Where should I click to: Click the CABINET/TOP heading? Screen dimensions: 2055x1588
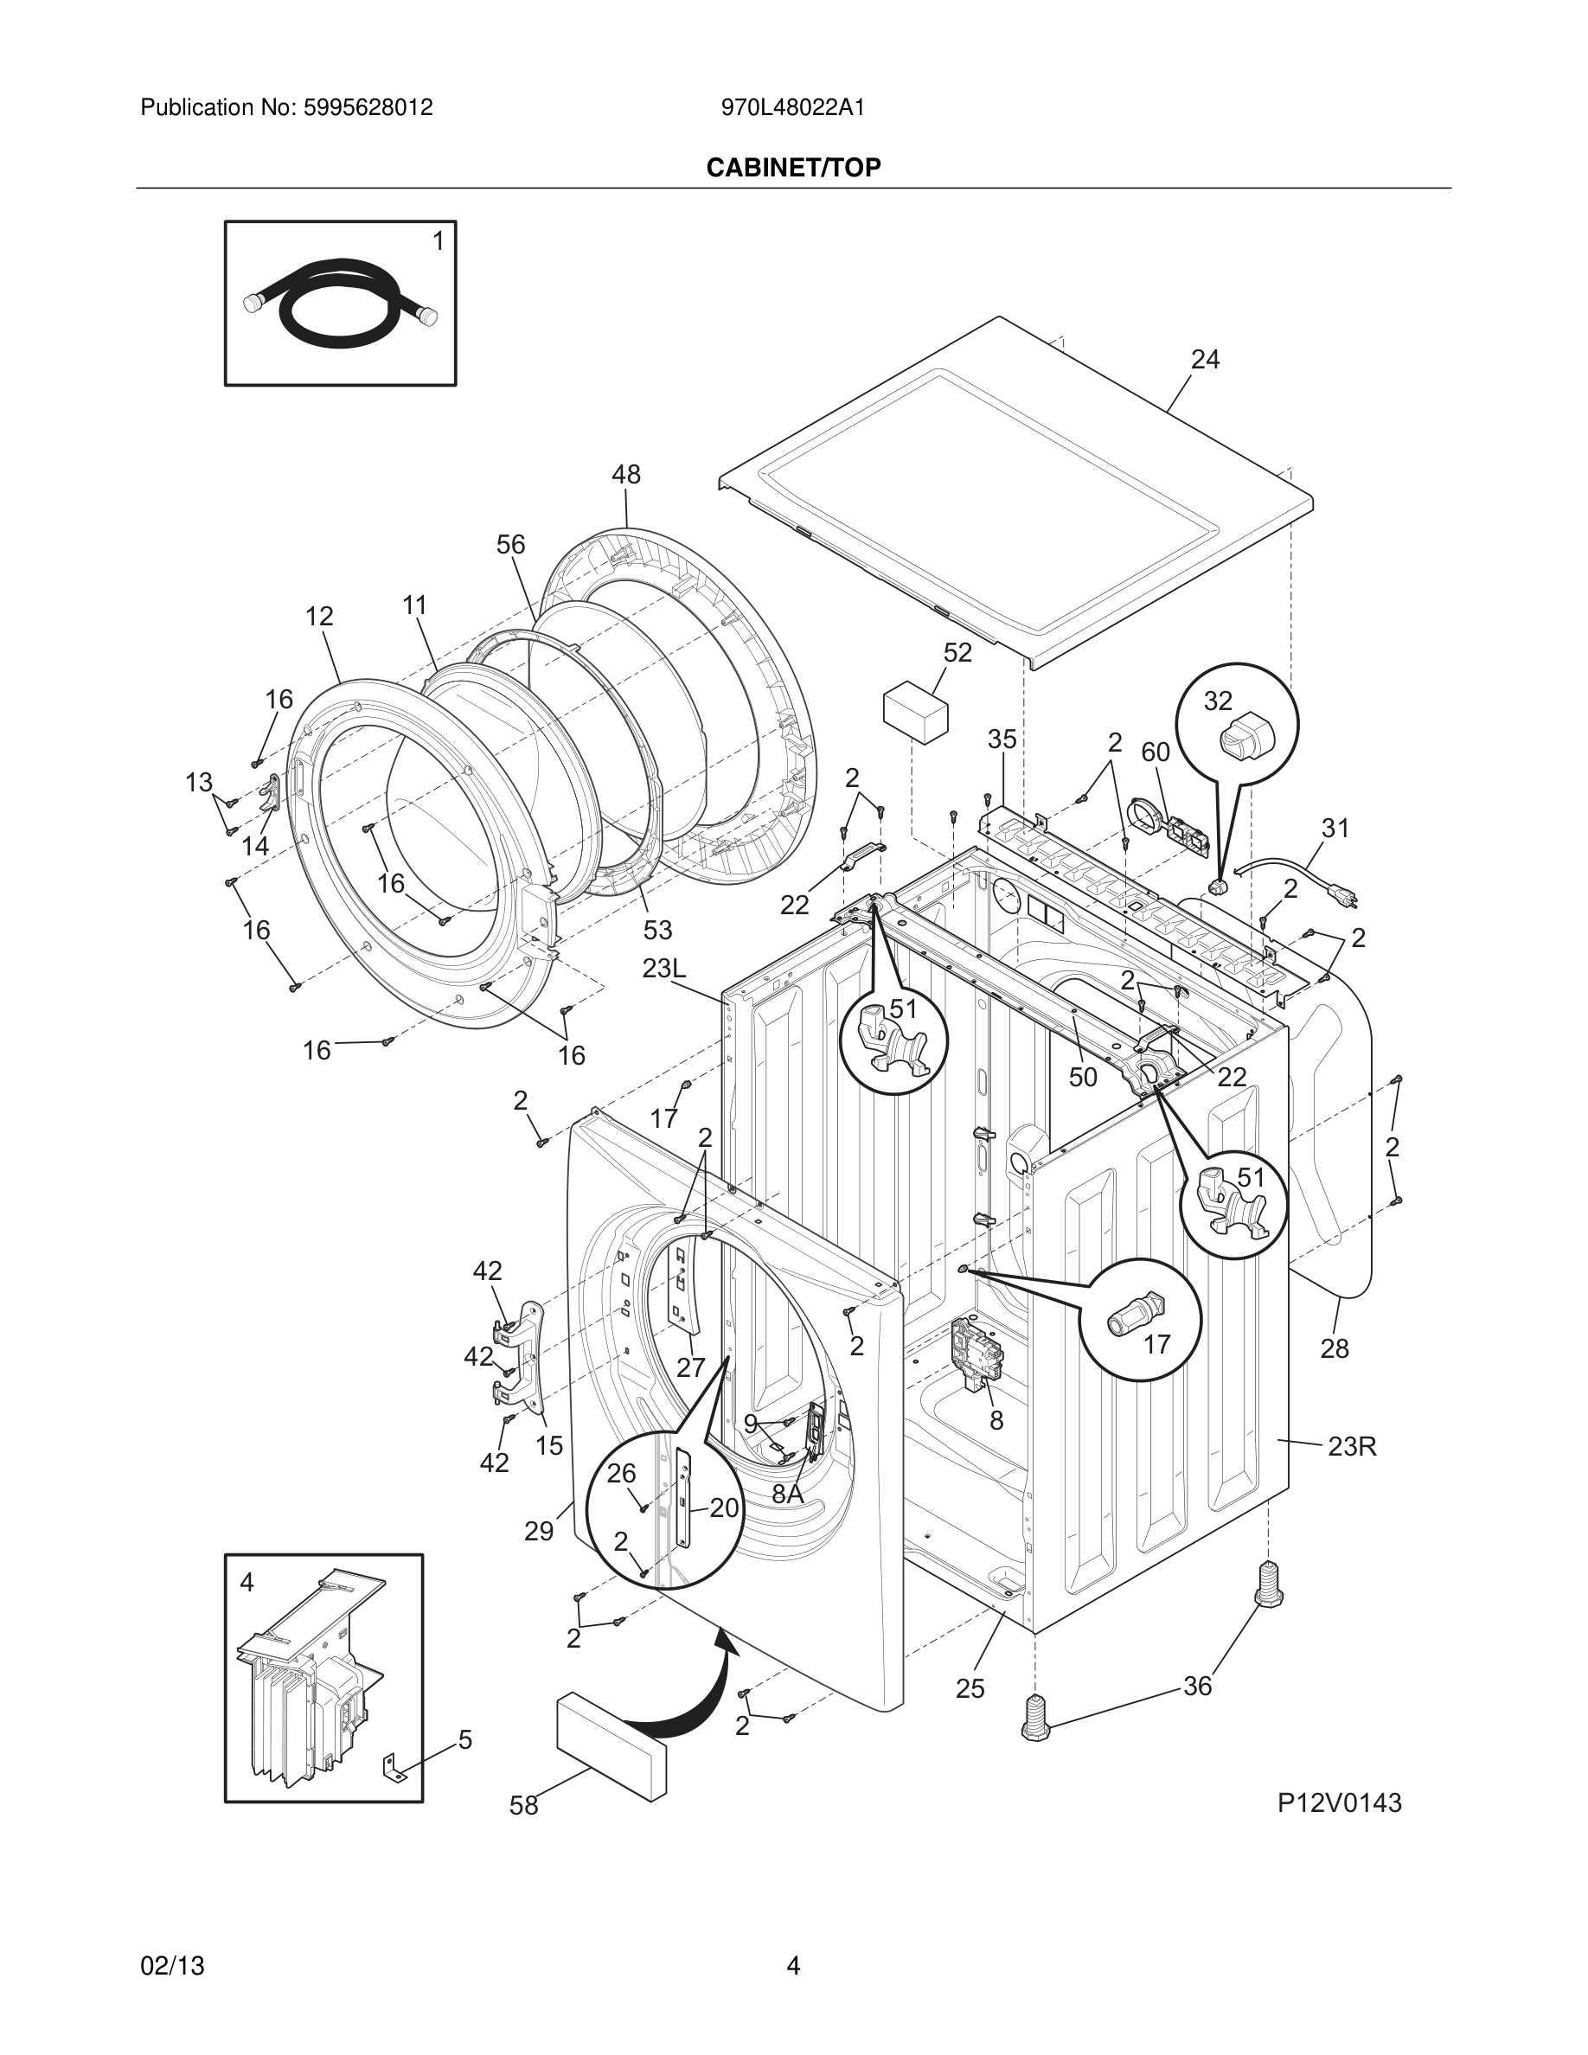pos(793,168)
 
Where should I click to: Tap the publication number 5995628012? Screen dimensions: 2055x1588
pos(367,107)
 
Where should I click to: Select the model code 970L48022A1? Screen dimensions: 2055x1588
pos(793,107)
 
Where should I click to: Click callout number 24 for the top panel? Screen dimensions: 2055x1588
pos(1205,360)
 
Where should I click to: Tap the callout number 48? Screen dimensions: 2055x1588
pos(625,475)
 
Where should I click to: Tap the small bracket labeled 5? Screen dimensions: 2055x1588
pos(394,1767)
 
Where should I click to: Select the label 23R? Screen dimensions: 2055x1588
pos(1352,1446)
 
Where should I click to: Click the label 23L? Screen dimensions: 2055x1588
pos(664,968)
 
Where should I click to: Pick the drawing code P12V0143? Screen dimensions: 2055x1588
pos(1339,1802)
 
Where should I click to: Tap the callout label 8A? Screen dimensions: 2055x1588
pos(787,1495)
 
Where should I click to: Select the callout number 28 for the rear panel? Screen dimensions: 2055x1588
pos(1334,1348)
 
